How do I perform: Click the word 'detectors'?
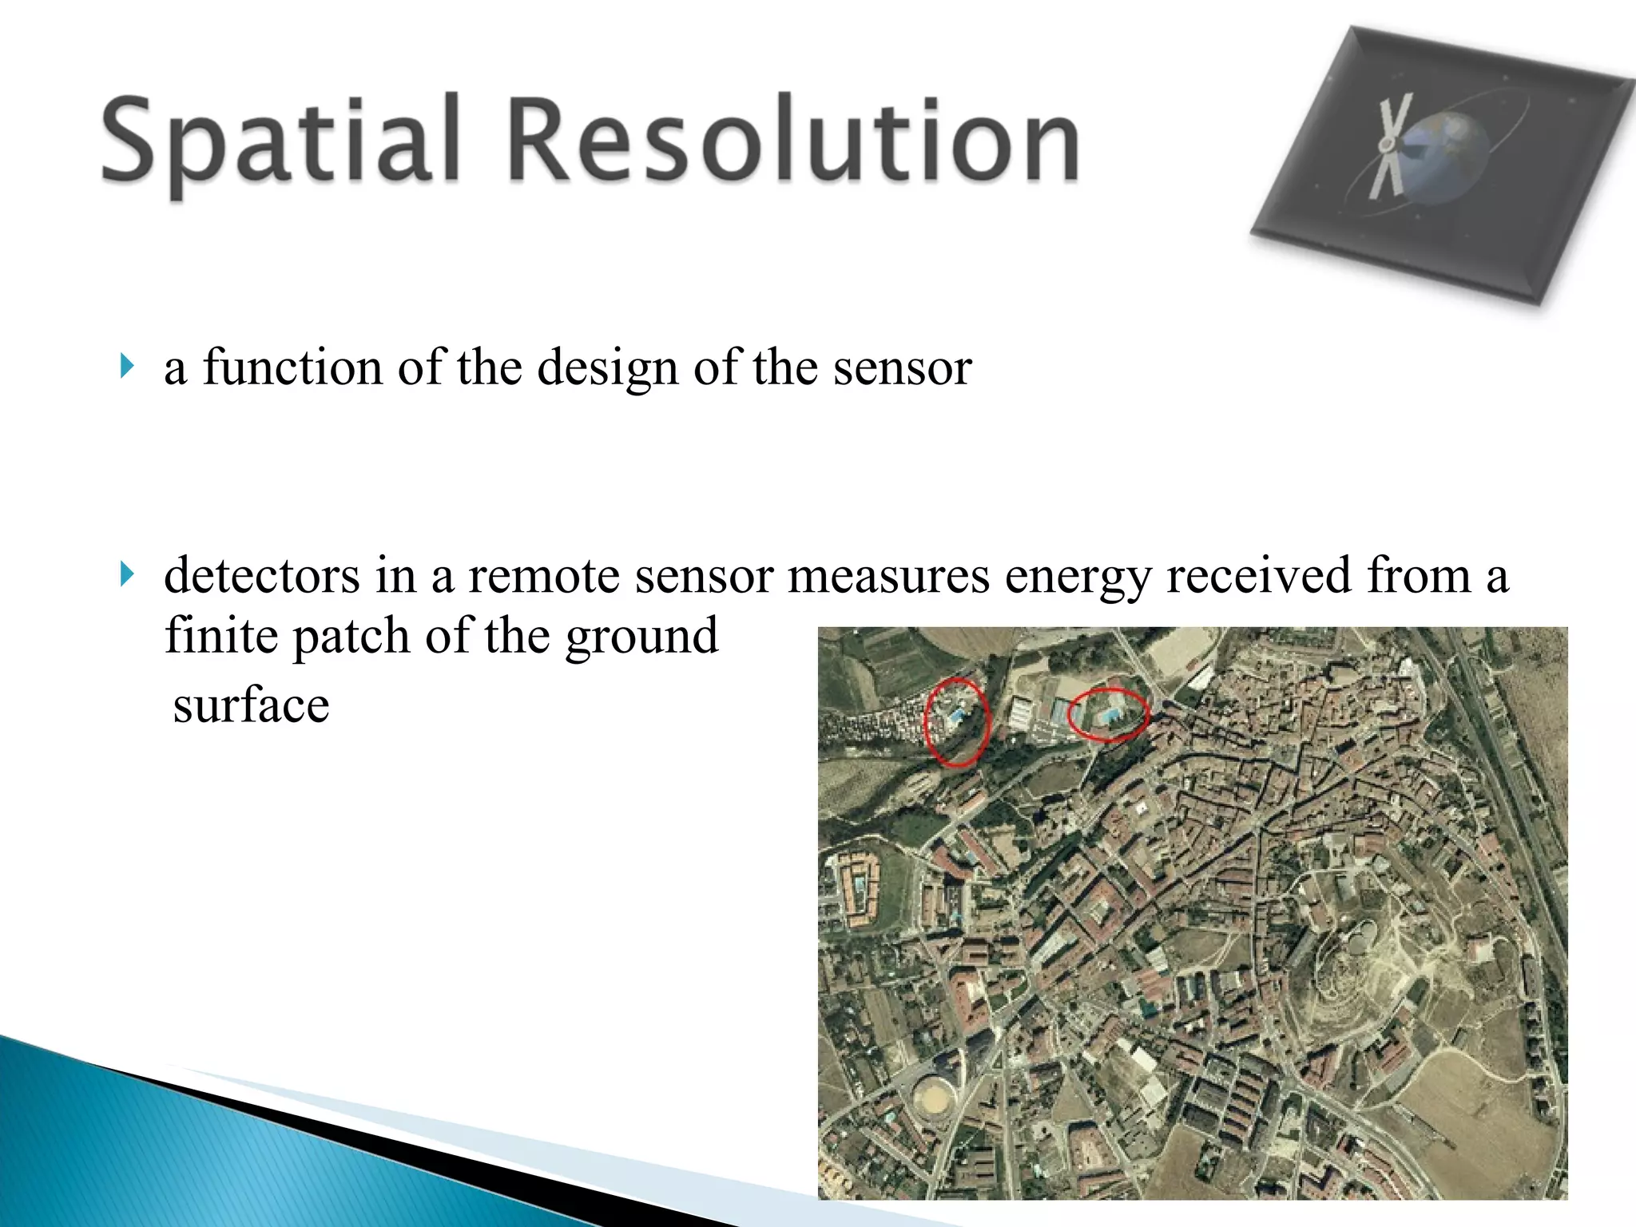(262, 575)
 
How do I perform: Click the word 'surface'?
(251, 706)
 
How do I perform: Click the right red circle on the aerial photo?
(1109, 713)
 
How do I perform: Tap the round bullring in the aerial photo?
(934, 1098)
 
